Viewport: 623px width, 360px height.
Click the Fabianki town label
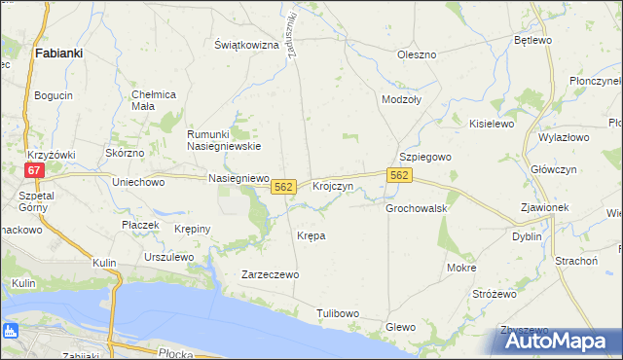[x=57, y=54]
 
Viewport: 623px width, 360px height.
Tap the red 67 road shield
[x=34, y=170]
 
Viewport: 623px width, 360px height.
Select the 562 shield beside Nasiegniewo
[x=283, y=186]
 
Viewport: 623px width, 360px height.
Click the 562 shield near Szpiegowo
[x=400, y=175]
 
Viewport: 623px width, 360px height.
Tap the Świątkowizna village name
[x=247, y=46]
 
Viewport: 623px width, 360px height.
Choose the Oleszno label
[x=417, y=54]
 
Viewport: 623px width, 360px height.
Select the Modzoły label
[x=401, y=100]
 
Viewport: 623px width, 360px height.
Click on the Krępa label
[x=311, y=235]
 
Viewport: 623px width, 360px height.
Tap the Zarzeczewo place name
[x=270, y=275]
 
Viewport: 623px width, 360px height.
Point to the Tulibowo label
[x=338, y=313]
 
